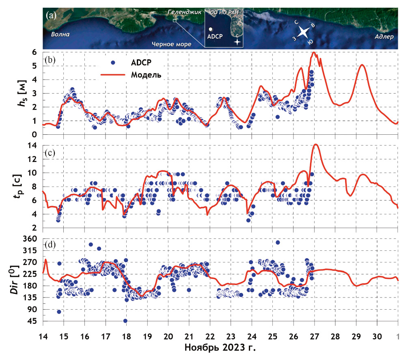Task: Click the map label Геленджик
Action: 185,13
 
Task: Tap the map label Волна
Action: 60,34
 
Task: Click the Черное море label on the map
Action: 171,44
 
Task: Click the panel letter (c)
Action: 51,153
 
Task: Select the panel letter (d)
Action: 51,245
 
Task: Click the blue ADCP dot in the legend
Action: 114,62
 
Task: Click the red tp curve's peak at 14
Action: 315,144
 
